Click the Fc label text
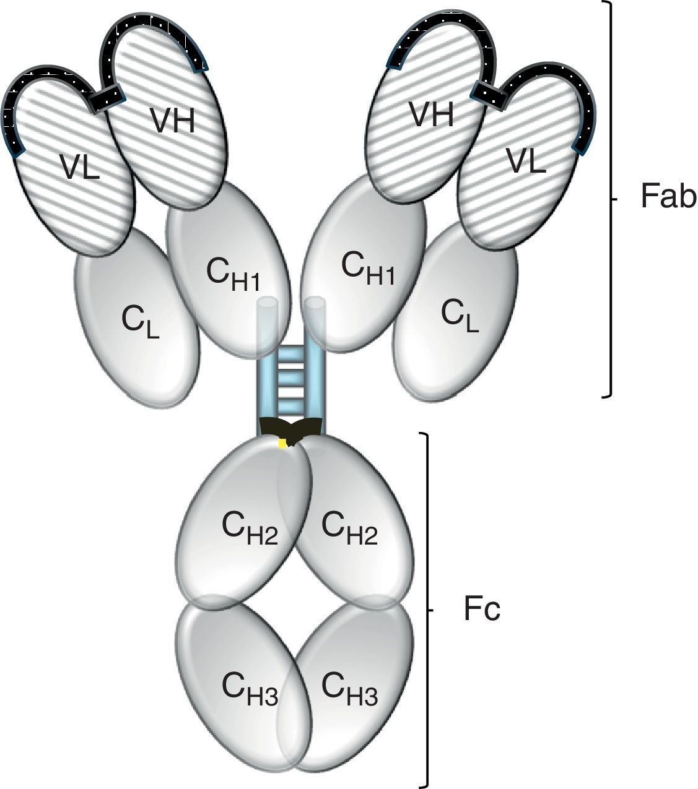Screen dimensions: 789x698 [481, 610]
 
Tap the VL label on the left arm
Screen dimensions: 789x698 [79, 167]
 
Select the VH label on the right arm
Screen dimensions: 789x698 [432, 114]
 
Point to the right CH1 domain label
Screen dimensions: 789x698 [368, 268]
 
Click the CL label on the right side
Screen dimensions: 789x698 [460, 316]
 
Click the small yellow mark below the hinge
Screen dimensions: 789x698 [282, 443]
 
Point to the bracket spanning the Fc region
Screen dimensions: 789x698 [426, 610]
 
